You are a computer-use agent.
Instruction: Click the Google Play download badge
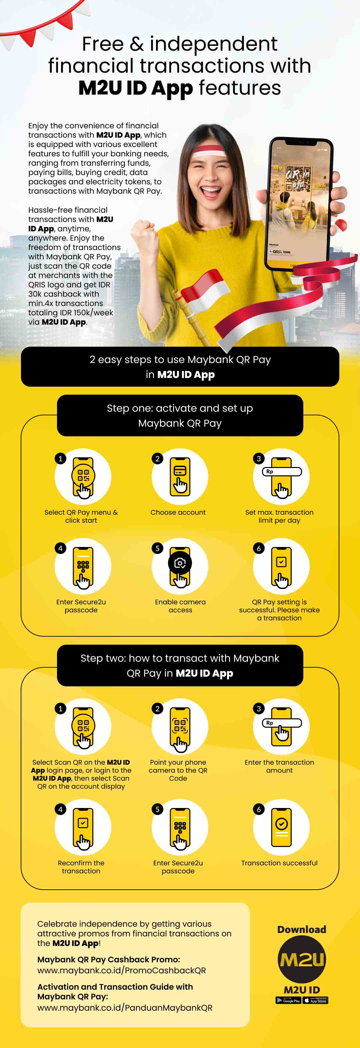pos(288,1000)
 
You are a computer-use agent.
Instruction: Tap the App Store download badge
pos(315,1000)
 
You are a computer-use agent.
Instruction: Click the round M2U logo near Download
pos(301,960)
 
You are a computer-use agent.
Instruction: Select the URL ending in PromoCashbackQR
pos(121,970)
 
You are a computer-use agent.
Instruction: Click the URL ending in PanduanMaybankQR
pos(124,1008)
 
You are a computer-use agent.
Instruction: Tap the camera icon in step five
pos(180,563)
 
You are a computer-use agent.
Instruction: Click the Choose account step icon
pos(180,476)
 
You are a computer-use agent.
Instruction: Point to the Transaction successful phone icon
pos(281,827)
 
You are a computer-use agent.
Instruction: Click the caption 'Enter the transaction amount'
pos(279,766)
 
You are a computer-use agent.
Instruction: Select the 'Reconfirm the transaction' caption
pos(81,867)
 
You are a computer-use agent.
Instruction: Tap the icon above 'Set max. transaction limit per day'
pos(281,476)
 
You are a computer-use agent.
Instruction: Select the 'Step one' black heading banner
pos(180,415)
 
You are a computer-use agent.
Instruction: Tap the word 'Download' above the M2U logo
pos(301,929)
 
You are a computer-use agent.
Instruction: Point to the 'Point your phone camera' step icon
pos(180,727)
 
